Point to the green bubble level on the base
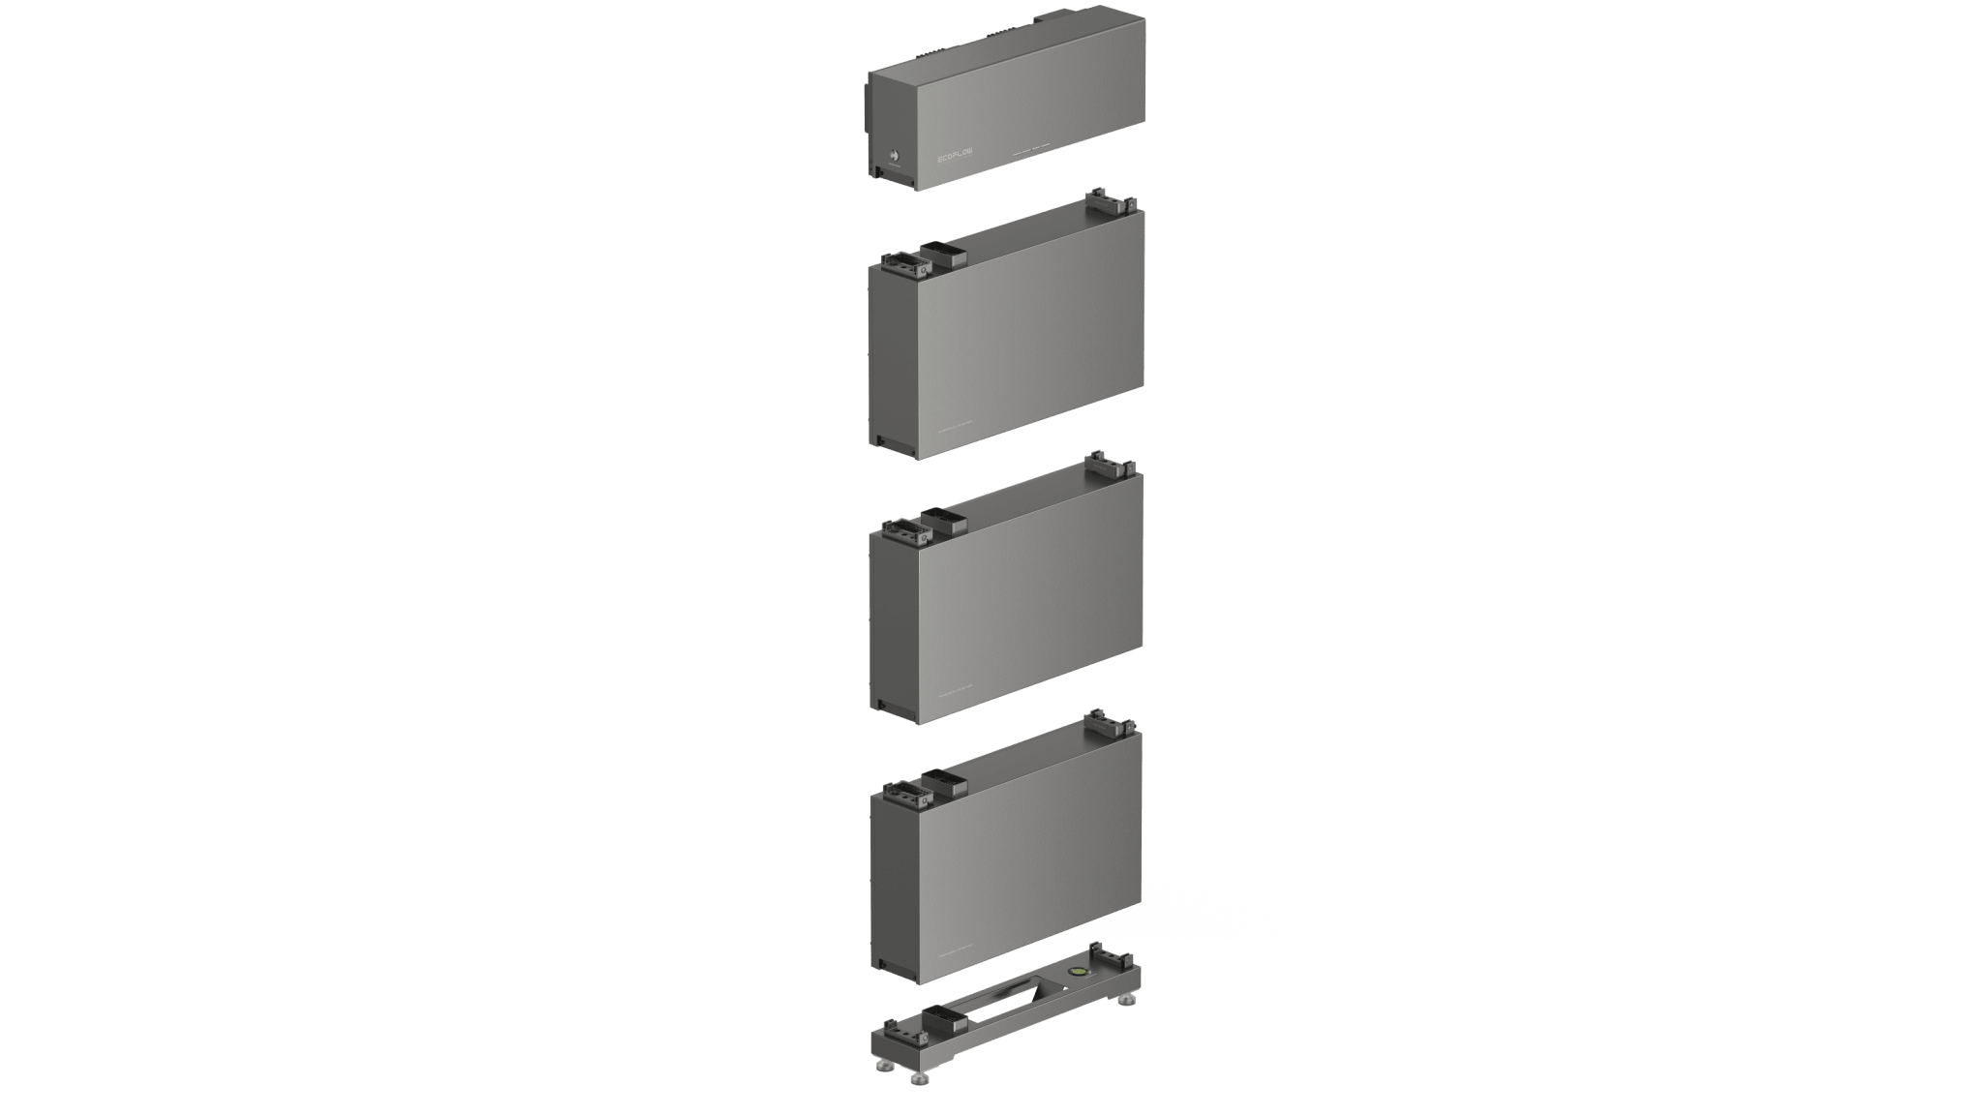1076,968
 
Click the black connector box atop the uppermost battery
945,256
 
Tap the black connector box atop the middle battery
945,521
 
